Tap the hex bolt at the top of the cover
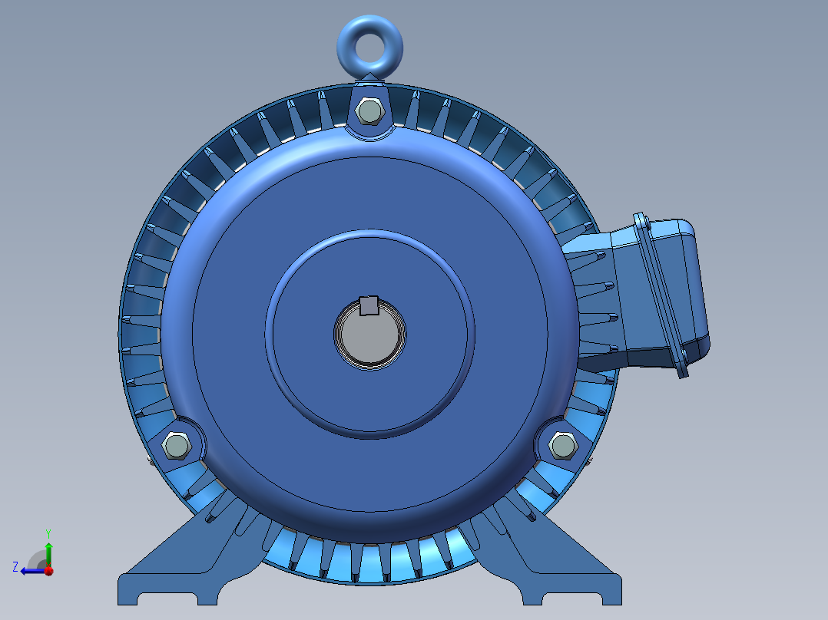369,112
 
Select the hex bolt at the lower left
176,446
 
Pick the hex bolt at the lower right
562,446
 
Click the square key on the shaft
369,305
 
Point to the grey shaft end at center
369,338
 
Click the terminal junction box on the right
661,295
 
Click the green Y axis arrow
48,551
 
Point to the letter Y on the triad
48,532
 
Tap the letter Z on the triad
15,566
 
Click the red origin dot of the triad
48,571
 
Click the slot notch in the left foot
168,598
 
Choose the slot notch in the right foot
572,598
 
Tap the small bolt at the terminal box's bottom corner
681,370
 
